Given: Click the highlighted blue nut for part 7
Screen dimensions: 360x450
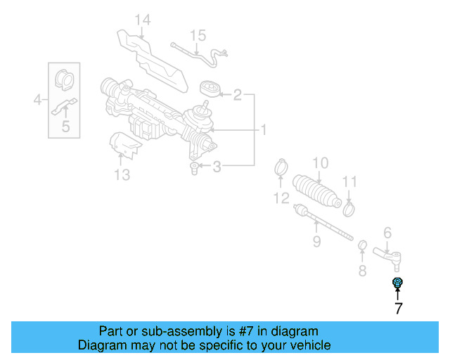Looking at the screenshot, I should tap(397, 283).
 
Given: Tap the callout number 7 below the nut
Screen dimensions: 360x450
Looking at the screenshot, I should tap(398, 308).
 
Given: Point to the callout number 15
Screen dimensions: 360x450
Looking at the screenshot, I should tap(198, 34).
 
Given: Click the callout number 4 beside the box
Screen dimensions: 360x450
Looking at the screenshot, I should tap(38, 101).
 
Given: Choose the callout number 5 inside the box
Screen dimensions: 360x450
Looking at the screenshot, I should tap(65, 127).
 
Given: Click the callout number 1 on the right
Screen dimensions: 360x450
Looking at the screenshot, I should tap(264, 130).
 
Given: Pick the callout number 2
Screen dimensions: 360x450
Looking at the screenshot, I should tap(238, 94).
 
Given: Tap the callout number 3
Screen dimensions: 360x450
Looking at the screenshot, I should tap(217, 167).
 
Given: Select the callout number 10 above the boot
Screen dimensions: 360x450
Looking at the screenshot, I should tap(320, 163).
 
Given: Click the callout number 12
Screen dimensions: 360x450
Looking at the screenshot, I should tap(281, 199).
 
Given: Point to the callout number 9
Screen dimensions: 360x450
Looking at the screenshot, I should tap(316, 242).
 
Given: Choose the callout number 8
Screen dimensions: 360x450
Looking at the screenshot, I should tap(362, 270).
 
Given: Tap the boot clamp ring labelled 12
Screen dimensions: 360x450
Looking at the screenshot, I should tap(281, 169).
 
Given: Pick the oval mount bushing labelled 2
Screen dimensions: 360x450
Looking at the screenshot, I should tap(208, 90).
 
